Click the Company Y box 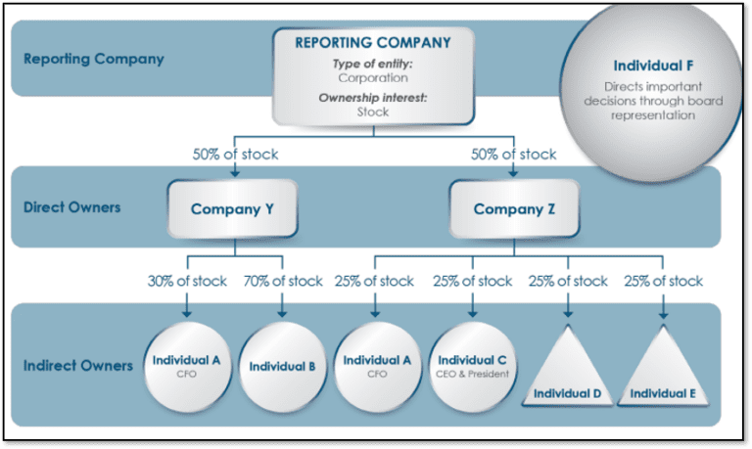pos(233,209)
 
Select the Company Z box pos(514,209)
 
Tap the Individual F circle pos(652,91)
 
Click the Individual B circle pos(282,367)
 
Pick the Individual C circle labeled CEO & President pos(472,367)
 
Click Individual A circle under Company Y pos(187,367)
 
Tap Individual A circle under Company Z pos(377,367)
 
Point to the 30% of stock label pos(187,281)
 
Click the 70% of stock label pos(283,281)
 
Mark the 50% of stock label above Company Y pos(235,154)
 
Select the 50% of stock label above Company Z pos(514,154)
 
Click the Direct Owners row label pos(71,207)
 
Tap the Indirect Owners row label pos(78,366)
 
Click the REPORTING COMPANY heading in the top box pos(373,43)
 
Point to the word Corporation pos(373,77)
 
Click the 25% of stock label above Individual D pos(568,281)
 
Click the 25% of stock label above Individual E pos(663,281)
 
